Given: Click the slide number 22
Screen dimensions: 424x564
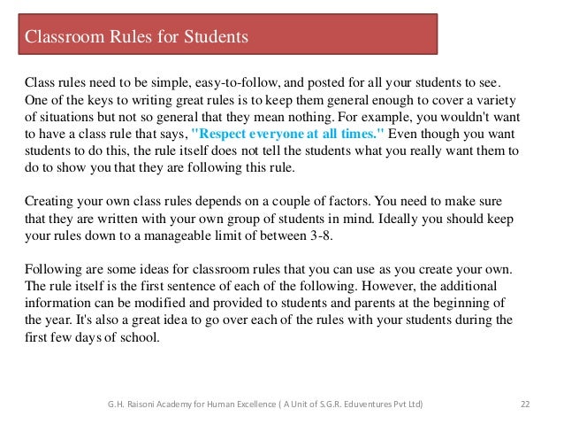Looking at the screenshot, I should pos(524,405).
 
